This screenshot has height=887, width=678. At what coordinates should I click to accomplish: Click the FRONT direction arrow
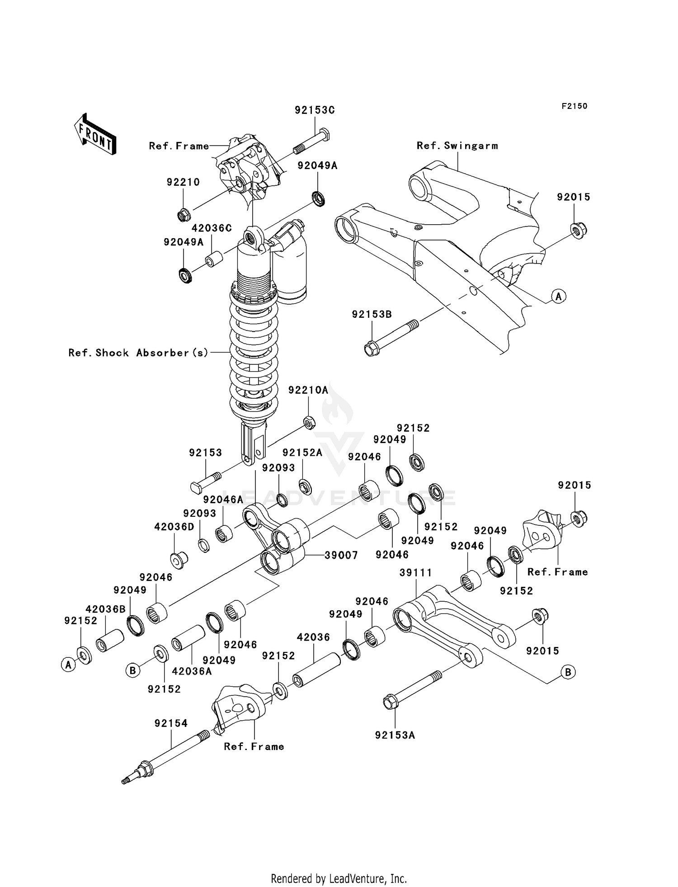tap(95, 134)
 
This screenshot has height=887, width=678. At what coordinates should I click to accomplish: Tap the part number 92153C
tap(315, 110)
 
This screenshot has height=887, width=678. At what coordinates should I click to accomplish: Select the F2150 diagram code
tap(574, 106)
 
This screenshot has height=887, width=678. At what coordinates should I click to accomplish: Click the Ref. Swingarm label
tap(457, 146)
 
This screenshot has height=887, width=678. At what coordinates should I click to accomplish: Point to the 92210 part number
tap(183, 182)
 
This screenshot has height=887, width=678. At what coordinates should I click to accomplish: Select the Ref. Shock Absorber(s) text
tap(138, 353)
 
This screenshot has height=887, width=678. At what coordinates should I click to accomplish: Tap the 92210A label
tap(308, 390)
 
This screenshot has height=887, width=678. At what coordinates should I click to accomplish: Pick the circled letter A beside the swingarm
tap(559, 297)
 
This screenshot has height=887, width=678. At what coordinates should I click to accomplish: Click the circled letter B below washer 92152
tap(132, 670)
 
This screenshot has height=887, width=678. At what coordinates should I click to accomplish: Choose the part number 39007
tap(341, 555)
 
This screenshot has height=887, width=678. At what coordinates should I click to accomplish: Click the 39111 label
tap(415, 573)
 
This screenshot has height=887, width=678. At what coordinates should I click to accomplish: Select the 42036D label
tap(174, 527)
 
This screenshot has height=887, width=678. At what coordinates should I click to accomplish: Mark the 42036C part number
tap(212, 228)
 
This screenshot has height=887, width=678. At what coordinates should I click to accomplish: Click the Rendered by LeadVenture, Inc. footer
tap(339, 878)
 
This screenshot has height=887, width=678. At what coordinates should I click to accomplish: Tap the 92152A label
tap(302, 453)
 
